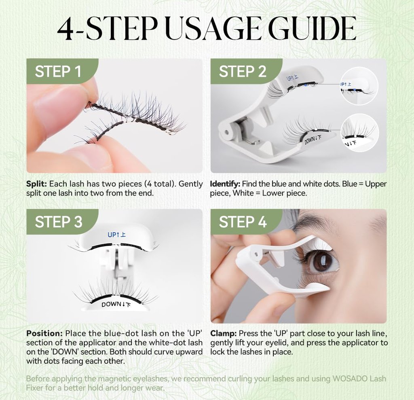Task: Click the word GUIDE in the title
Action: [x=312, y=29]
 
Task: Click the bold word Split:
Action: [x=36, y=184]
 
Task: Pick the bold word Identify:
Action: [x=225, y=184]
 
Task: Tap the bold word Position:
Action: [x=44, y=333]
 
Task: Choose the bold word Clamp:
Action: [x=223, y=334]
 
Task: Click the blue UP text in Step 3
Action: [x=116, y=235]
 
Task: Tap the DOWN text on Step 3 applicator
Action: [x=116, y=305]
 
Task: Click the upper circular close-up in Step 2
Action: [x=359, y=86]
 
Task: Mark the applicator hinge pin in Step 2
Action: [x=226, y=132]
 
